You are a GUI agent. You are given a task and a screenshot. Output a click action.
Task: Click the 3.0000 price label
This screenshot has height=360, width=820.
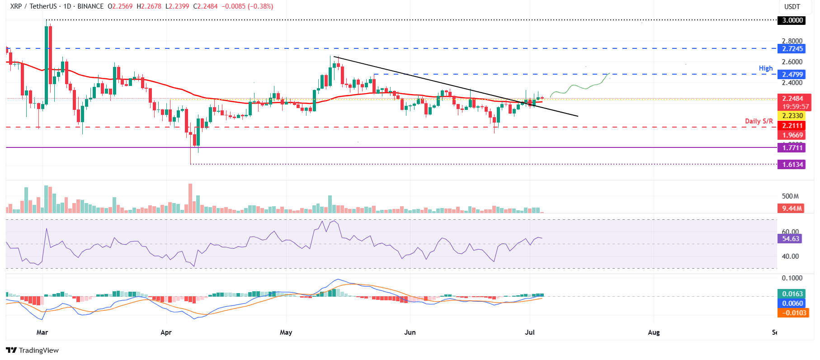click(792, 20)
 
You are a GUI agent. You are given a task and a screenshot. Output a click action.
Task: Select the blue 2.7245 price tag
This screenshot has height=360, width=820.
click(792, 49)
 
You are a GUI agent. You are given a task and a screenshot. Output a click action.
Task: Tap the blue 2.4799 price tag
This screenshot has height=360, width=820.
click(792, 75)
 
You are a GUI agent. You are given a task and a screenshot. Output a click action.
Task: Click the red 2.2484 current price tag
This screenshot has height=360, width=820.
click(793, 99)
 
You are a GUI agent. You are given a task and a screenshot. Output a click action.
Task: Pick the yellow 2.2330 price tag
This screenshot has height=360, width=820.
click(792, 116)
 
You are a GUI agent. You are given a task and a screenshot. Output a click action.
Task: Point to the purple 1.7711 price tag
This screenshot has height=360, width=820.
click(792, 148)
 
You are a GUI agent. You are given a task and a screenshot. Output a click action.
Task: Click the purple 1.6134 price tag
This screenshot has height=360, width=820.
click(792, 165)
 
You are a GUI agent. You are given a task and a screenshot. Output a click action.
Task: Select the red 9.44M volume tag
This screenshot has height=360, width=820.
click(792, 208)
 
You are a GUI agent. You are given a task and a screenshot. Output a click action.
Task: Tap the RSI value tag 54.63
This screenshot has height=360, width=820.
click(791, 239)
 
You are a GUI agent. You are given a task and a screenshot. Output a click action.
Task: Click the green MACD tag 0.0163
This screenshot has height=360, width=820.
click(792, 294)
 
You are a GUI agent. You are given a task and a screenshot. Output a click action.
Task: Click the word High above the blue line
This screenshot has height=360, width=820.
click(766, 68)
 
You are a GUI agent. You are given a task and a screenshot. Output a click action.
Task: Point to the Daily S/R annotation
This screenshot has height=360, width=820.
click(759, 121)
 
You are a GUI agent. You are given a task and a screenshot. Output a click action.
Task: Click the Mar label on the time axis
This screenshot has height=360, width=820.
click(42, 332)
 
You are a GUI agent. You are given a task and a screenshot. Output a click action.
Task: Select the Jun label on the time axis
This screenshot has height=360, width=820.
click(410, 332)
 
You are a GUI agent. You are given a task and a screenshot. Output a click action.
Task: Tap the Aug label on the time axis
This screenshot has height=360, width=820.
click(654, 332)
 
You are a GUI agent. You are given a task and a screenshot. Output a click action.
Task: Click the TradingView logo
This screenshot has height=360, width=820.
click(33, 351)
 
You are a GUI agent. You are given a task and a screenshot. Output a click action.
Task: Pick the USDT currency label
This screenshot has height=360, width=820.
click(792, 7)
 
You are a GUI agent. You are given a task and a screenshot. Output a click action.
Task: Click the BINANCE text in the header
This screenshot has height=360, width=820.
click(90, 6)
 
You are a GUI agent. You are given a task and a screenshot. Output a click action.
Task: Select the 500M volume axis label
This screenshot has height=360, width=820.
click(790, 196)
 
